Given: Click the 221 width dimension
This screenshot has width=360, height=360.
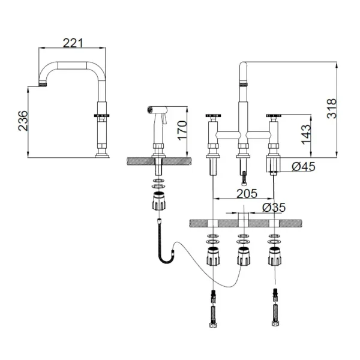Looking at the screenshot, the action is [73, 43].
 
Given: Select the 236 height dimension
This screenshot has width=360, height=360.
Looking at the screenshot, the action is [23, 121].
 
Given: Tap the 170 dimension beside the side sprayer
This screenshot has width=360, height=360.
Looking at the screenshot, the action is [182, 130].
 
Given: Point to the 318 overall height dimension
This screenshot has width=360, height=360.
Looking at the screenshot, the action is [331, 109].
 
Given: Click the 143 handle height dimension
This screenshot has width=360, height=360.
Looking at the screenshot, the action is [306, 134].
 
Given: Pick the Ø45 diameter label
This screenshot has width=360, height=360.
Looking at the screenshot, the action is [304, 166].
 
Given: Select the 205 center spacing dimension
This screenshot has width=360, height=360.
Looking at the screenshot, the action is [247, 194].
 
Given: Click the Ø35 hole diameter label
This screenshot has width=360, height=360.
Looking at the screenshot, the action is [274, 208].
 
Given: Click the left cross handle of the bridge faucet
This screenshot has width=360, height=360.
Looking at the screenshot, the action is [213, 115].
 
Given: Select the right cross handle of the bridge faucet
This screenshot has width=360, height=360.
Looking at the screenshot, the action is [274, 115].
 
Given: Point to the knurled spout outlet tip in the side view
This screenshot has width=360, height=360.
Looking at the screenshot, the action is [43, 85].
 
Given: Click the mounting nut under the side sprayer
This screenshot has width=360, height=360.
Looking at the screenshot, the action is [159, 200].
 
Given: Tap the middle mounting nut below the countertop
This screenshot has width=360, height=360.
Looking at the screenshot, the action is [244, 256].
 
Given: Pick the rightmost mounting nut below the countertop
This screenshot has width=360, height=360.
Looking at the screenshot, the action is [275, 256].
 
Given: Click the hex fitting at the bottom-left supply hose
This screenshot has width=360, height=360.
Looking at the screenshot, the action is [213, 325].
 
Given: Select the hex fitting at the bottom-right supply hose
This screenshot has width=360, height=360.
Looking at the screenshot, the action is [275, 323].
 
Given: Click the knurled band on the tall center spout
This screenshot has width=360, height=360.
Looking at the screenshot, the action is [244, 84].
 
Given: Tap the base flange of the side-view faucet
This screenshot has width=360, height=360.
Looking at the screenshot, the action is [102, 156].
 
